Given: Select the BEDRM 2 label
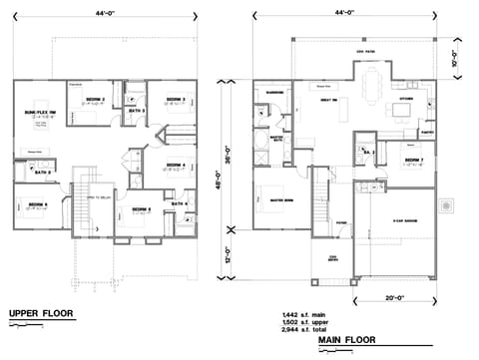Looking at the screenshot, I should [95, 101].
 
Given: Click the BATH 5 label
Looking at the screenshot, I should [43, 173].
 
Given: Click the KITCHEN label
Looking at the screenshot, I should [407, 100].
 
